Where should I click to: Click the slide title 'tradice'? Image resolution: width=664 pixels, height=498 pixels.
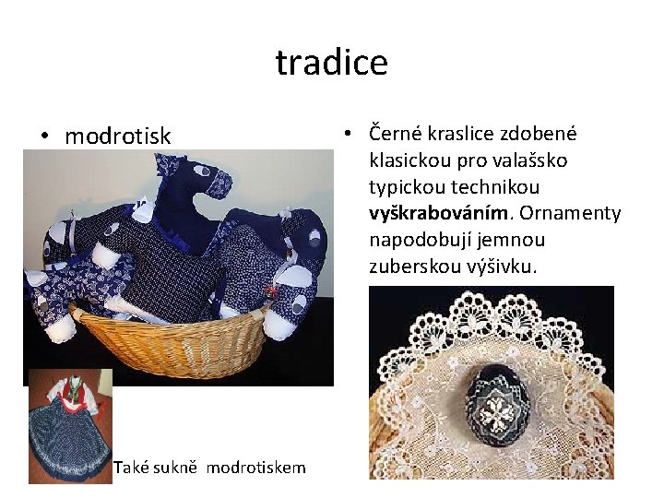pos(331,63)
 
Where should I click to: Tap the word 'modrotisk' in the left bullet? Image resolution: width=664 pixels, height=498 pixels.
pos(117,136)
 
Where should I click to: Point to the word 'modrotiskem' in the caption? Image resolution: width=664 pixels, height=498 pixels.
pos(255,468)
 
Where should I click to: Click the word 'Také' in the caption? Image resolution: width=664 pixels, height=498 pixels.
pos(129,468)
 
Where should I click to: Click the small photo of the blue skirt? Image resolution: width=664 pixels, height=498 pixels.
pos(69,426)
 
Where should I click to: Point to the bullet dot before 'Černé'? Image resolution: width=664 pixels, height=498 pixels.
pos(347,135)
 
